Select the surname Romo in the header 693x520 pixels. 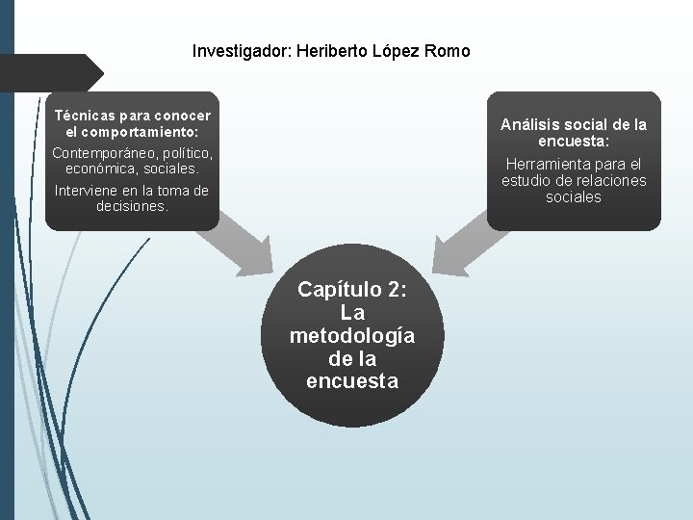point(449,51)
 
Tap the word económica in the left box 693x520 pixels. point(92,169)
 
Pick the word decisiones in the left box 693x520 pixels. point(132,206)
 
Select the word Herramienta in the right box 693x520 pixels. point(552,164)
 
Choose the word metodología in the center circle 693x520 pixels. point(352,335)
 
